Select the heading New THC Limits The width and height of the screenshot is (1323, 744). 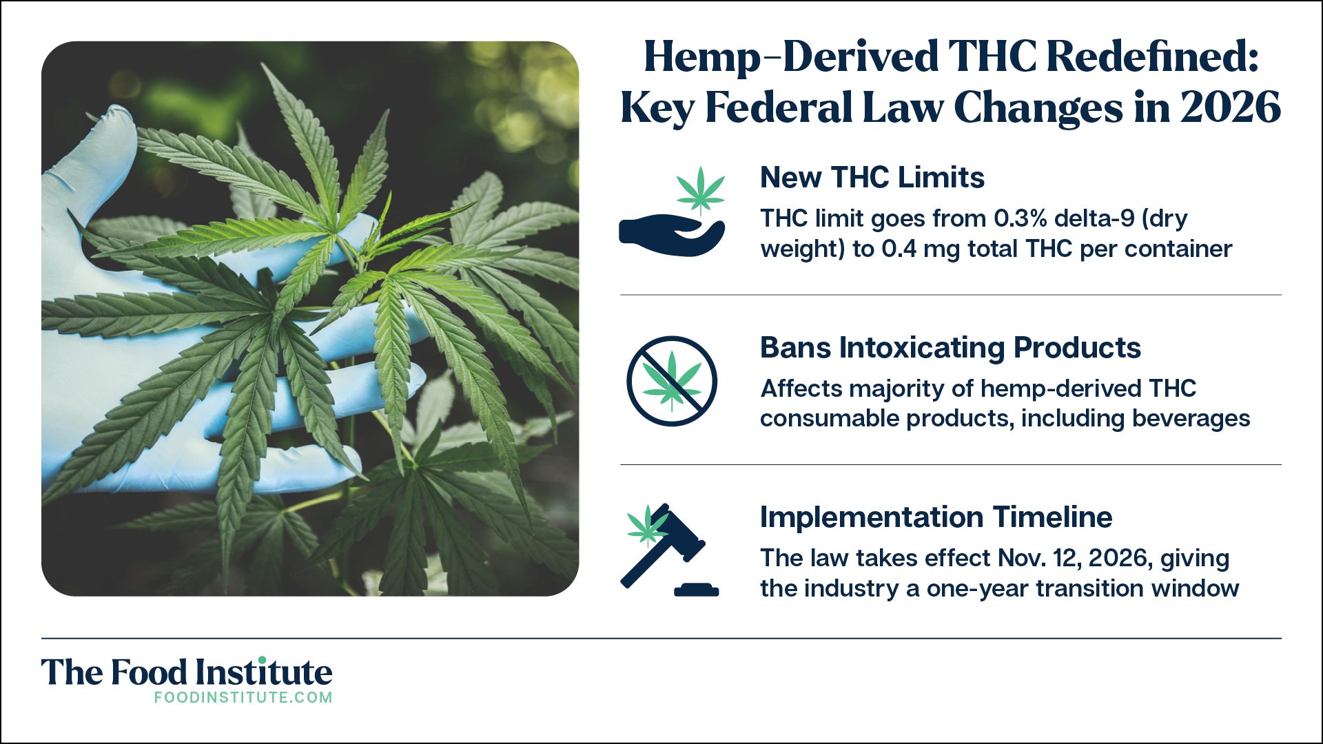872,177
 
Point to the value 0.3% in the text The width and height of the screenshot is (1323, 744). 1021,218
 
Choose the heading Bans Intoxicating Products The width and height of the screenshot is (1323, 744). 950,347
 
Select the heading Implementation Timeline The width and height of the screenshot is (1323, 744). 936,517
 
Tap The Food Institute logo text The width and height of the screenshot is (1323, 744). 187,672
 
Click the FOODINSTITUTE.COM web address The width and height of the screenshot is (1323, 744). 243,697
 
